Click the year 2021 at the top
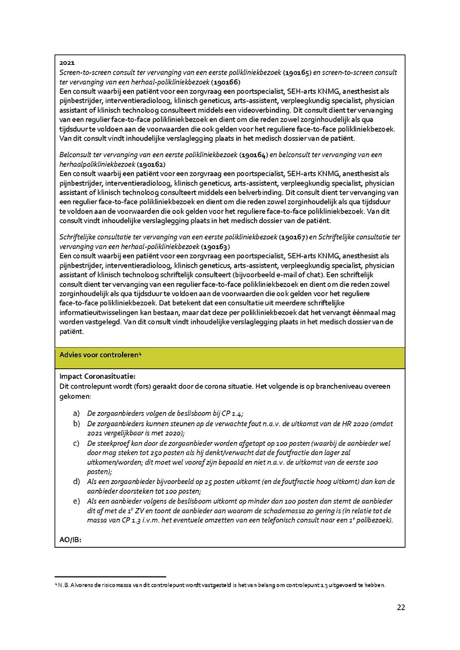[66, 63]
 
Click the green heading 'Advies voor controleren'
[100, 355]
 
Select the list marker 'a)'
[77, 413]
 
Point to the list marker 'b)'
[77, 424]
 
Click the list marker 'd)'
[77, 482]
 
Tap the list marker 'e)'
[77, 501]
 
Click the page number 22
[401, 607]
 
